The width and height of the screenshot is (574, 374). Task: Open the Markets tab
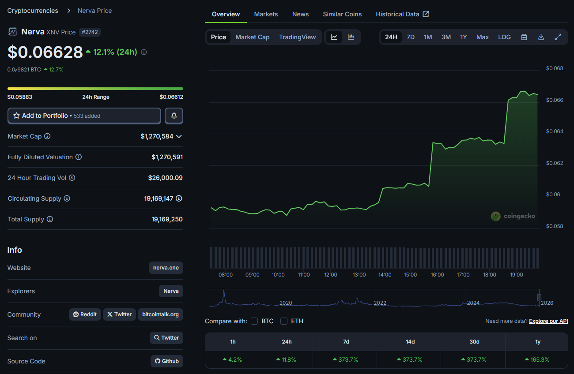pos(266,14)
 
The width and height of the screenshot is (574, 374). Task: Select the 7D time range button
pos(411,37)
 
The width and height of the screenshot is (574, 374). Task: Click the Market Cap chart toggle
pos(252,37)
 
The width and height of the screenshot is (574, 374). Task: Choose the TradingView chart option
pos(297,37)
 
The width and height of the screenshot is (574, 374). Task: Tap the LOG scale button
pos(504,37)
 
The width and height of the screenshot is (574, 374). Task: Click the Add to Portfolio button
pos(84,116)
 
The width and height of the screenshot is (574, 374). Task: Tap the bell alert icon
pos(174,116)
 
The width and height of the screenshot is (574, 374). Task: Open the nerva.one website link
pos(166,268)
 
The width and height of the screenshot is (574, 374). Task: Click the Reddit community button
pos(85,314)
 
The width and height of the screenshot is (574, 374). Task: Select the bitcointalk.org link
pos(160,314)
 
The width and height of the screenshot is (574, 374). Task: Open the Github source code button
pos(166,361)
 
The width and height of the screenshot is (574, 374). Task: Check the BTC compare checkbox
pos(254,321)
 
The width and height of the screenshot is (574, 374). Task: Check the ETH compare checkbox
pos(284,321)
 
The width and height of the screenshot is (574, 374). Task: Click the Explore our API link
pos(548,321)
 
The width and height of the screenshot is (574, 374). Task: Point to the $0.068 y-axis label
pos(555,68)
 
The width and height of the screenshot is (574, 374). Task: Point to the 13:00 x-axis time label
pos(359,275)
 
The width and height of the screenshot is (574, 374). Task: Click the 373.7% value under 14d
pos(410,359)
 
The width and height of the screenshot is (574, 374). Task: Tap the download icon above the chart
pos(541,37)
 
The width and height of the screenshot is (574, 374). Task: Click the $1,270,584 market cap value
pos(157,136)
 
